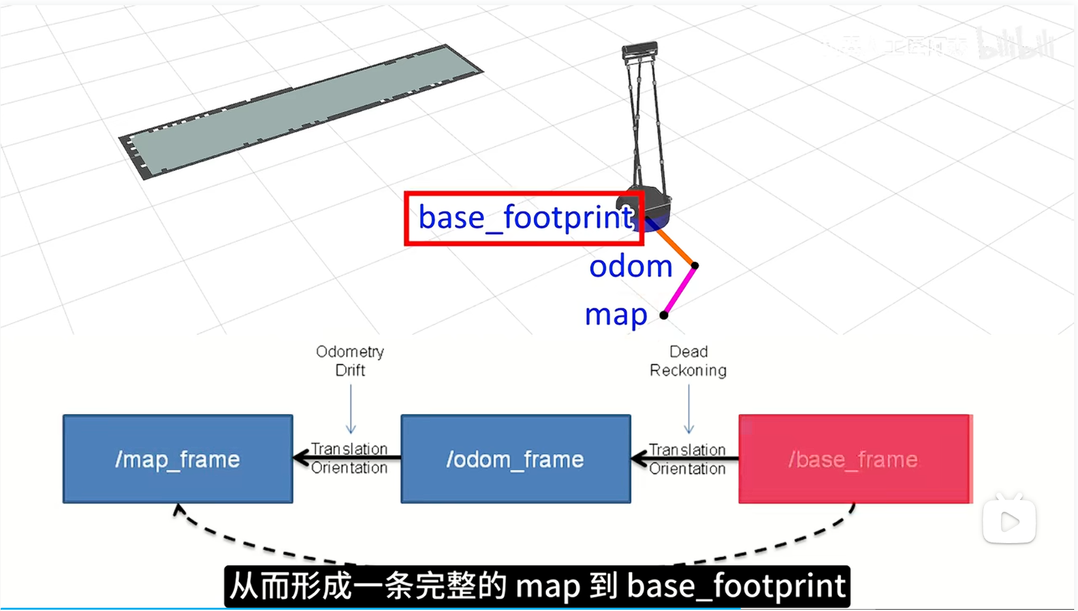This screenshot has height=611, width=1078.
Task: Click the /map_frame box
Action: (x=178, y=459)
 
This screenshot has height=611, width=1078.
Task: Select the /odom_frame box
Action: (x=515, y=459)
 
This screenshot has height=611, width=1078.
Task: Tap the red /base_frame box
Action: (x=855, y=459)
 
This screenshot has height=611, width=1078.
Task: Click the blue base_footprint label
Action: (x=525, y=217)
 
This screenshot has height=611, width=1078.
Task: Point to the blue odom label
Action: (x=630, y=266)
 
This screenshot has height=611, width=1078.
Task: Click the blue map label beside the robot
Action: (x=616, y=315)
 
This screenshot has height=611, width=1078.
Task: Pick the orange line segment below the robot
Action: (x=675, y=247)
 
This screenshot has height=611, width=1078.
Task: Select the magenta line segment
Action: (x=680, y=290)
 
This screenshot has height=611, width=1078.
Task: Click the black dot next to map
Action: (x=664, y=315)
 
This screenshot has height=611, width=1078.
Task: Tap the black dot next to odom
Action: (x=695, y=266)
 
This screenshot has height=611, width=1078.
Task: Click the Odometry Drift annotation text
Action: (x=350, y=361)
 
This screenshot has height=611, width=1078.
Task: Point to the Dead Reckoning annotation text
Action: (x=688, y=361)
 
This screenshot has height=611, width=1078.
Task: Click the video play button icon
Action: (x=1009, y=521)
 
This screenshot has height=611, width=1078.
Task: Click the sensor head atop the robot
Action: (x=640, y=50)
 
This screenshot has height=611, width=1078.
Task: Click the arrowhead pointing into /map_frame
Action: (x=301, y=458)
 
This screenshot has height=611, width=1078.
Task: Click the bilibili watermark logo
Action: (x=1016, y=44)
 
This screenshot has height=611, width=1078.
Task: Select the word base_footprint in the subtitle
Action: (x=737, y=586)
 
